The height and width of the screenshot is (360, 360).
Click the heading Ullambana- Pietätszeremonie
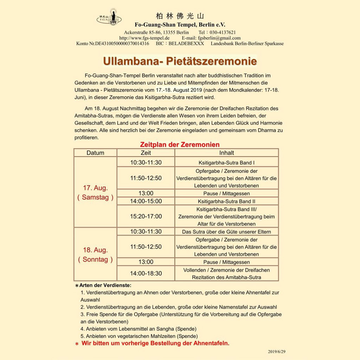click(x=180, y=61)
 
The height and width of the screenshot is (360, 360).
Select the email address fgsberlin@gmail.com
click(x=219, y=38)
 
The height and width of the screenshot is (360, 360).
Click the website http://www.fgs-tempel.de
click(x=144, y=38)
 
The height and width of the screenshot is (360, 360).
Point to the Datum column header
click(x=95, y=153)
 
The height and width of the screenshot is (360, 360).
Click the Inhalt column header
click(x=226, y=153)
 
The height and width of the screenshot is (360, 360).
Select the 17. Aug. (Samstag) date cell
click(x=95, y=192)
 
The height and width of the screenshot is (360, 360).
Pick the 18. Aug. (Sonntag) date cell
click(x=95, y=255)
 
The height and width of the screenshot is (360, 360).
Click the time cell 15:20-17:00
click(x=146, y=216)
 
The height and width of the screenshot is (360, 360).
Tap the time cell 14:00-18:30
click(x=146, y=273)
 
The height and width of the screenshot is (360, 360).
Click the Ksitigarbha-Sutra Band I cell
click(x=226, y=163)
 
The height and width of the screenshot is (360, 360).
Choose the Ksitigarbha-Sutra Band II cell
click(x=226, y=201)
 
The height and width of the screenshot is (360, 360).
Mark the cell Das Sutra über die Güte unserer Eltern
click(x=226, y=232)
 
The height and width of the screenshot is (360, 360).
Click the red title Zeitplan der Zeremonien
click(x=180, y=144)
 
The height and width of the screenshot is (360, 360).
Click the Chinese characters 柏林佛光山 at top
click(x=180, y=16)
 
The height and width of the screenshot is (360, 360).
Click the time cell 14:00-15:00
click(x=146, y=201)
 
